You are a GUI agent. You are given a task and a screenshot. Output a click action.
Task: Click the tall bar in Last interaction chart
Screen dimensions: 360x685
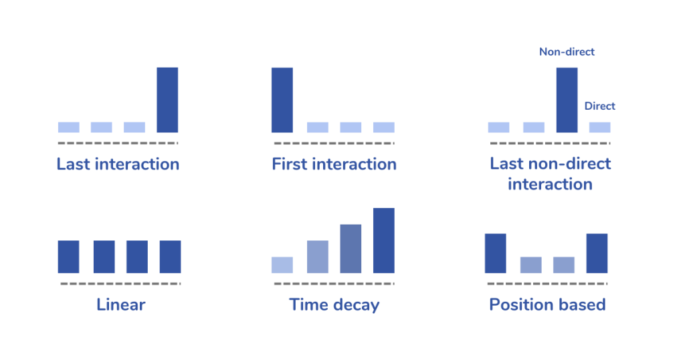pos(167,100)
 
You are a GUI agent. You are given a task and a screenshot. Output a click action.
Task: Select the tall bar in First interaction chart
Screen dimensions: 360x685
pos(282,100)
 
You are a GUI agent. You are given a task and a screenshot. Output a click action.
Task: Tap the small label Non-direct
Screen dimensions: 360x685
pos(567,52)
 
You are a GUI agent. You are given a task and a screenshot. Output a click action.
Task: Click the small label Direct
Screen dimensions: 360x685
pos(599,106)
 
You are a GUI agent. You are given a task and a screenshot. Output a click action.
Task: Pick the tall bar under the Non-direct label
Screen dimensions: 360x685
pos(567,100)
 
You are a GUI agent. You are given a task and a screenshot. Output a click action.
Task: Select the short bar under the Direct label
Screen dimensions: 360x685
pos(600,127)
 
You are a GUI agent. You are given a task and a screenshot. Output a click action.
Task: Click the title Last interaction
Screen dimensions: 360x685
pos(118,164)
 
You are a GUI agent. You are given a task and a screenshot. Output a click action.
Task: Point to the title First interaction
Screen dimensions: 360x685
pos(334,164)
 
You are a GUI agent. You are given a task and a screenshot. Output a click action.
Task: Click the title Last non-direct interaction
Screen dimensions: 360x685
pos(550,174)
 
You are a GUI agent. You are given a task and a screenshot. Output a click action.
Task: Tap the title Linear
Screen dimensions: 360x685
pos(121,305)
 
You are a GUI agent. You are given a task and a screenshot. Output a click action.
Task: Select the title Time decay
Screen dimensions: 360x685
pos(334,305)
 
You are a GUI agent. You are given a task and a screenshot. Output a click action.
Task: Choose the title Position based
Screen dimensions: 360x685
pos(547,305)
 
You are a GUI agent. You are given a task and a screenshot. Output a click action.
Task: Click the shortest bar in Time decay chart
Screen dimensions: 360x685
pos(282,265)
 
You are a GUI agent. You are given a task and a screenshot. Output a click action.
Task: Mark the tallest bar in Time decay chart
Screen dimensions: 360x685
pos(384,241)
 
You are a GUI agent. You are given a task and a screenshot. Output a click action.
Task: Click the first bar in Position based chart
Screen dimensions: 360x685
pos(495,253)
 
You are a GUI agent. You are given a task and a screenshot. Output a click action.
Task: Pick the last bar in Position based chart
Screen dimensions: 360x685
pos(597,253)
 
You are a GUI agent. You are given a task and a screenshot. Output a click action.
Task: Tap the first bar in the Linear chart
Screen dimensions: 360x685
pos(68,257)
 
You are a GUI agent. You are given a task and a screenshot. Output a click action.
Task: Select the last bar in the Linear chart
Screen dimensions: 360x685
pos(170,257)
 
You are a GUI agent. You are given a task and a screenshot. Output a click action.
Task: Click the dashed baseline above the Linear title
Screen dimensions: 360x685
pos(120,284)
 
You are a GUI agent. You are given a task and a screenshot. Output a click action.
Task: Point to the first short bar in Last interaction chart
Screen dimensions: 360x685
pos(68,127)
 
